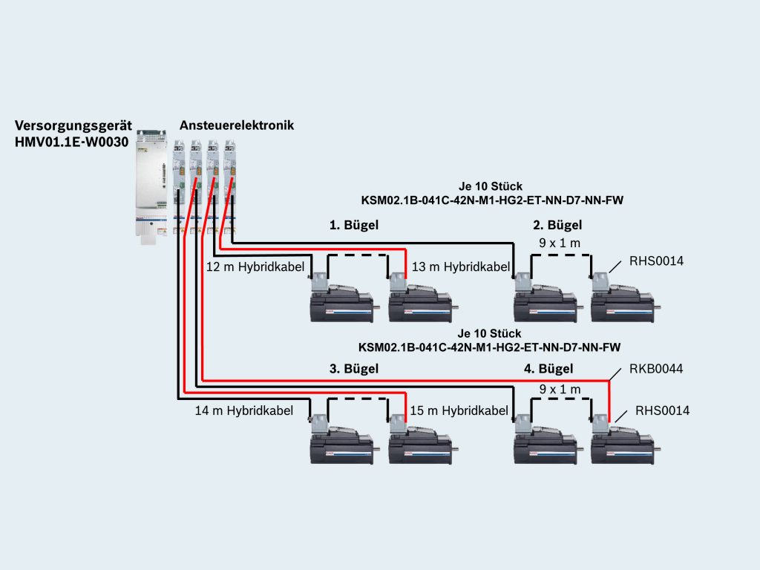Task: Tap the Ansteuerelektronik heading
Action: [237, 125]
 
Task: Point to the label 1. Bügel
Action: [354, 225]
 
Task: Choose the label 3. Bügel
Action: [354, 368]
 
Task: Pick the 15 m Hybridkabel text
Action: [459, 410]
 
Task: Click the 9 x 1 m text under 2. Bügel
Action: [560, 242]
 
